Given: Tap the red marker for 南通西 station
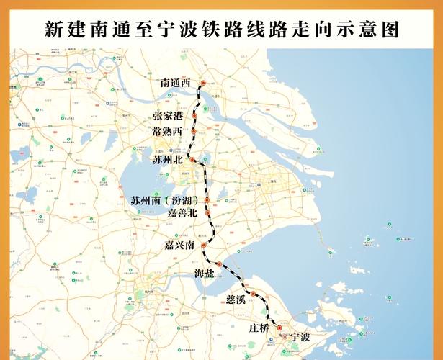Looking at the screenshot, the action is point(203,84).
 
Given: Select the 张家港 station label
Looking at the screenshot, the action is point(168,116).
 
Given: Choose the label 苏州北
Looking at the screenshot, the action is point(168,159).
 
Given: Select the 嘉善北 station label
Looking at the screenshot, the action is point(182,213).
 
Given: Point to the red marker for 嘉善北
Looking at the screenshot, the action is point(207,213).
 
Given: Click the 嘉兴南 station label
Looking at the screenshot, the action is point(179,246).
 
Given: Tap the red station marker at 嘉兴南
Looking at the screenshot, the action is point(204,246).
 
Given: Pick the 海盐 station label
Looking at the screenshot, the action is point(205,273).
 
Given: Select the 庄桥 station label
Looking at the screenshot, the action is point(259,327).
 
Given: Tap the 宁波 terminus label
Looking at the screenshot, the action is point(299,337).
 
